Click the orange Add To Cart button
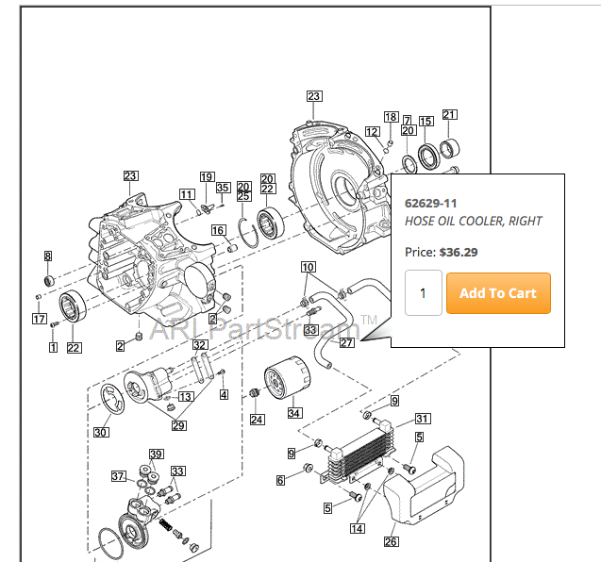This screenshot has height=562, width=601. [497, 293]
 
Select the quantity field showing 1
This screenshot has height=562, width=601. [423, 293]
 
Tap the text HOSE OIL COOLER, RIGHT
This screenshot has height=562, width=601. [473, 221]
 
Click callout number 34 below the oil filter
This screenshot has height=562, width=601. [294, 412]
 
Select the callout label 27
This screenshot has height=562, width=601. [347, 342]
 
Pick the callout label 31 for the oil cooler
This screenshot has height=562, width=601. [423, 419]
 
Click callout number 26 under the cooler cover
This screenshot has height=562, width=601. [391, 541]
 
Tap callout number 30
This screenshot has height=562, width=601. [101, 433]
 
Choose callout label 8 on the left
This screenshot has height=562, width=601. [48, 256]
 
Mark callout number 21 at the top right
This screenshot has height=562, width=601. [449, 115]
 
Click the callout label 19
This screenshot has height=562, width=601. [207, 177]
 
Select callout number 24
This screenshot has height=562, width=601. [258, 419]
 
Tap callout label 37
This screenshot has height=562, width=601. [119, 475]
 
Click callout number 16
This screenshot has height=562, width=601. [218, 230]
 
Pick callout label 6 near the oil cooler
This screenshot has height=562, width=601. [281, 480]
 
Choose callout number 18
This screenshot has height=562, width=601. [391, 116]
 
